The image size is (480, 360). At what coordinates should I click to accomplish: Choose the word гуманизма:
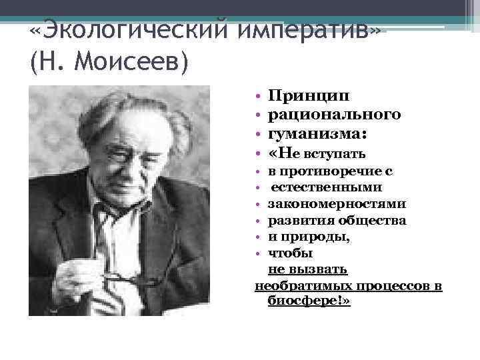click(x=317, y=134)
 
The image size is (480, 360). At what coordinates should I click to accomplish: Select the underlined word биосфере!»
click(x=309, y=301)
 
